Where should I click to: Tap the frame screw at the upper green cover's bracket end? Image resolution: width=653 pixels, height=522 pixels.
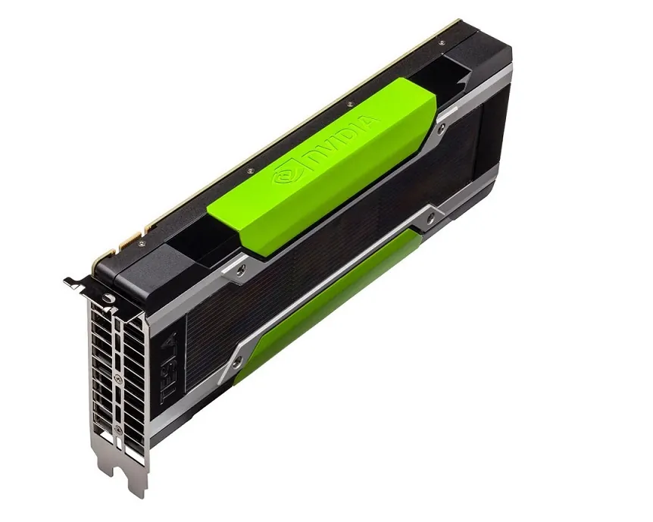[x=242, y=267]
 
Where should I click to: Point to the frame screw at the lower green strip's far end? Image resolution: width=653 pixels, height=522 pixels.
[x=430, y=218]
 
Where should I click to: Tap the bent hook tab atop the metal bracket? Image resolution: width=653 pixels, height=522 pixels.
[x=75, y=282]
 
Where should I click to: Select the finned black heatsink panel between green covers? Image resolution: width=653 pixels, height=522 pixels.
[x=333, y=242]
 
